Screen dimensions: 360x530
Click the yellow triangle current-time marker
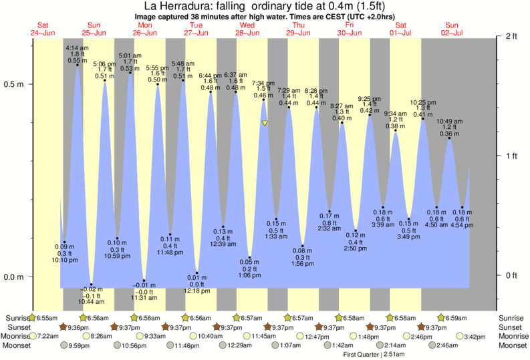[265, 124]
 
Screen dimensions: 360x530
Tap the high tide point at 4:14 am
[78, 65]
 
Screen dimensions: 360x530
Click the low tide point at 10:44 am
[92, 285]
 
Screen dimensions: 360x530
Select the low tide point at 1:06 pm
[250, 258]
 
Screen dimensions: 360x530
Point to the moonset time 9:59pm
[80, 346]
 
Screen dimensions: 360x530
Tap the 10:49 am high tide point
[449, 138]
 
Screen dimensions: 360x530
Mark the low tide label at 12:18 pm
[196, 285]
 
